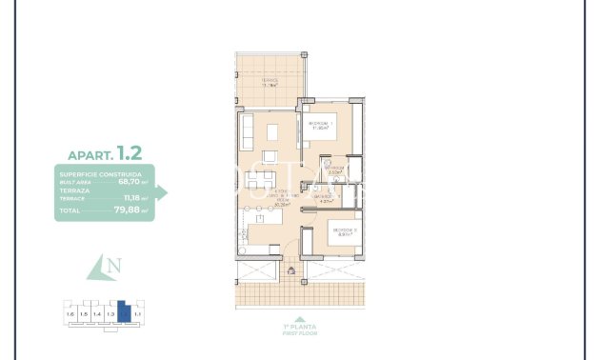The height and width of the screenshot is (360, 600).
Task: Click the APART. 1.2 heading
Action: pyautogui.click(x=105, y=152)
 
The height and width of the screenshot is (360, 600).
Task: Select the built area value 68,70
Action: pyautogui.click(x=129, y=182)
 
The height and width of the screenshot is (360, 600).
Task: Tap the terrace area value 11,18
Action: pyautogui.click(x=130, y=197)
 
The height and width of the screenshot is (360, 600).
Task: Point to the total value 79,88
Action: pyautogui.click(x=128, y=210)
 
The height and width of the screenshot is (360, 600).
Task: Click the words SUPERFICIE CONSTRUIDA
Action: pyautogui.click(x=101, y=175)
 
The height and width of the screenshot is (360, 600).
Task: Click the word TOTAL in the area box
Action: pyautogui.click(x=71, y=210)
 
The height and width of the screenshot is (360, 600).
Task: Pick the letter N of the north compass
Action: pyautogui.click(x=114, y=268)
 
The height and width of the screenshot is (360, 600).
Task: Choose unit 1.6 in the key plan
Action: pyautogui.click(x=69, y=313)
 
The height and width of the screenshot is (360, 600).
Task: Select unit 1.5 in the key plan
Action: pyautogui.click(x=83, y=313)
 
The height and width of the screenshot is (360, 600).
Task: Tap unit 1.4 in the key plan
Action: pyautogui.click(x=96, y=313)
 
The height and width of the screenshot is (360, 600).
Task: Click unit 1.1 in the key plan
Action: pyautogui.click(x=137, y=312)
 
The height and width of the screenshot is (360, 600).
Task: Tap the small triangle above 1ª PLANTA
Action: pyautogui.click(x=300, y=319)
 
